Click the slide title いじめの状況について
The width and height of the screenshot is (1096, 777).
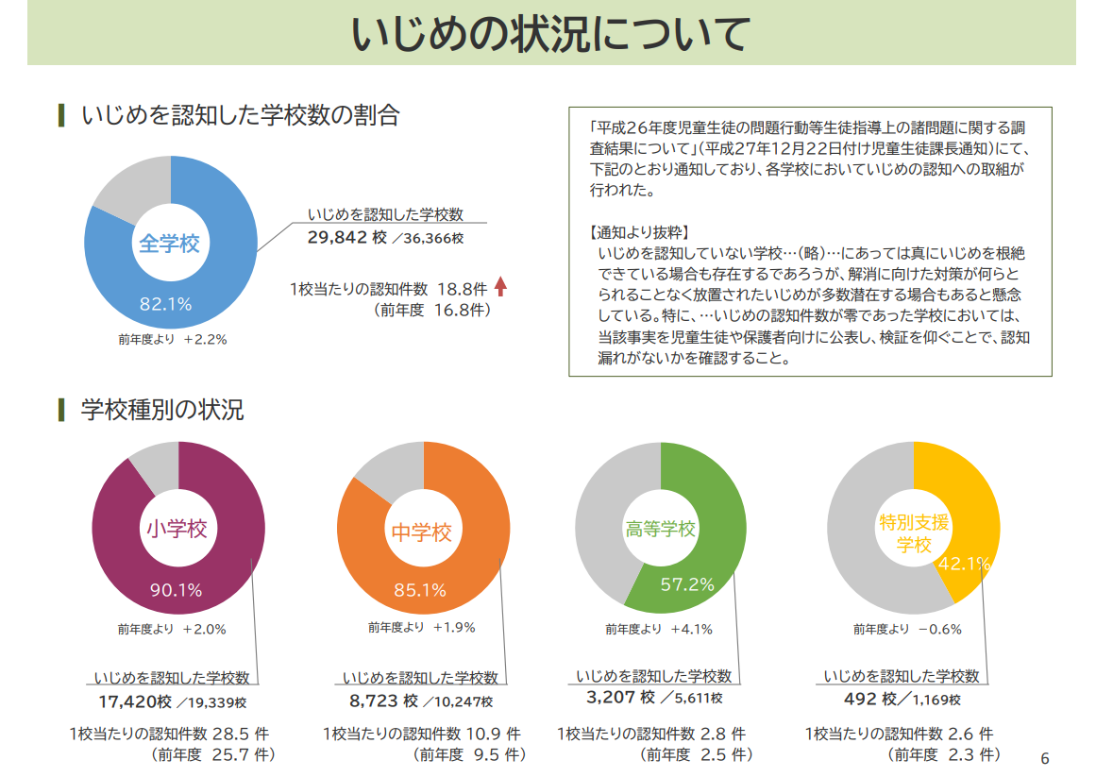click(x=550, y=35)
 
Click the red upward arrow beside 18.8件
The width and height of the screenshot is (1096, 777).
click(x=500, y=287)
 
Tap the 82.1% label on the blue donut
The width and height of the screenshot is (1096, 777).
click(x=166, y=304)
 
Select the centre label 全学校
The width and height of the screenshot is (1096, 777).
click(x=170, y=244)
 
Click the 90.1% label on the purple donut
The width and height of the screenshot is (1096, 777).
click(x=177, y=590)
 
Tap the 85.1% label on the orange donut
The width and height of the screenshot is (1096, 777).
click(x=420, y=590)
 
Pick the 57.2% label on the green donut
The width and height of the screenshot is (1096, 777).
click(x=687, y=584)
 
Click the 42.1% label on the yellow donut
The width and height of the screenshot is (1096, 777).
click(x=964, y=564)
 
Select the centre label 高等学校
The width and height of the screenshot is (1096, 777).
click(x=661, y=530)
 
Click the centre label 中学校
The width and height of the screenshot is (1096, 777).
click(x=422, y=532)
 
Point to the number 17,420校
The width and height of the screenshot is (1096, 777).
click(x=135, y=701)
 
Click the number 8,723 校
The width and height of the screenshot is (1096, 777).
click(x=383, y=701)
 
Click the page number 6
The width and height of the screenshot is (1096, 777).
click(x=1044, y=758)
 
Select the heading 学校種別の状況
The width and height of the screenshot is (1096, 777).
click(x=162, y=410)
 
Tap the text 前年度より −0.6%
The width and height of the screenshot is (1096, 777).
click(x=907, y=629)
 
